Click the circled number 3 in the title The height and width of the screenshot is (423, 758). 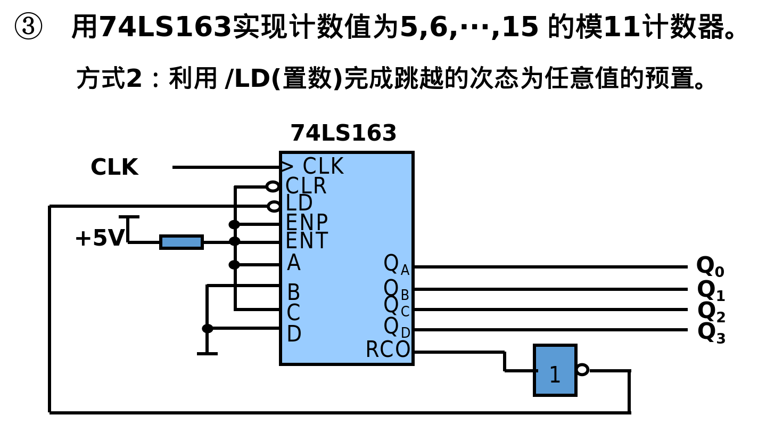[28, 27]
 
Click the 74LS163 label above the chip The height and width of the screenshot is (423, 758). [343, 133]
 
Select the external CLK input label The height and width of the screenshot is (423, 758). [114, 167]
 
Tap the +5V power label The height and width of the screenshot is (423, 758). [100, 238]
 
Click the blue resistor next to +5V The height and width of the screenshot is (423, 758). [182, 242]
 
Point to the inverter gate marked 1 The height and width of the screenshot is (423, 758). [555, 371]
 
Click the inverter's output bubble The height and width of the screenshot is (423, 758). [582, 369]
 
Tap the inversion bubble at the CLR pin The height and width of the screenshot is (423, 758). [273, 186]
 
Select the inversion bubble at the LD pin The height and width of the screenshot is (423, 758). [274, 206]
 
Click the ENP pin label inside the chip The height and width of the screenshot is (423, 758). [307, 222]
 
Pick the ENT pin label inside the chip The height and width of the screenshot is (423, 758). [307, 241]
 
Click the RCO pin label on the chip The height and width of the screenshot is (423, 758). [388, 349]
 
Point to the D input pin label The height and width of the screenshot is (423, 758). [294, 334]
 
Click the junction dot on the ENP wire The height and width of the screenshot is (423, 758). [234, 224]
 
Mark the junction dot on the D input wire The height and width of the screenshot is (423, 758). [208, 328]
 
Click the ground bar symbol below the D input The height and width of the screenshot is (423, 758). [207, 353]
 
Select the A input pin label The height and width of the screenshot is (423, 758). [293, 263]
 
